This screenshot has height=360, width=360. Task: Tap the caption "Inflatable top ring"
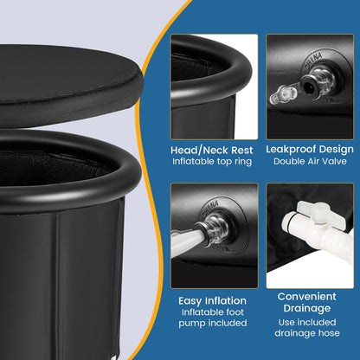click(213, 160)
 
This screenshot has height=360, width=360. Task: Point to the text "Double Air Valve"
click(309, 160)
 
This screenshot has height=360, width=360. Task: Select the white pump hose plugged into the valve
click(185, 243)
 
